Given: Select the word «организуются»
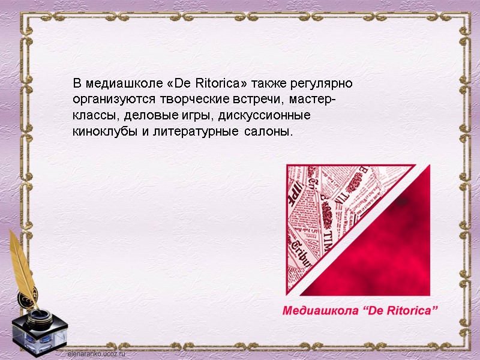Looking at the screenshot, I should [109, 98].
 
